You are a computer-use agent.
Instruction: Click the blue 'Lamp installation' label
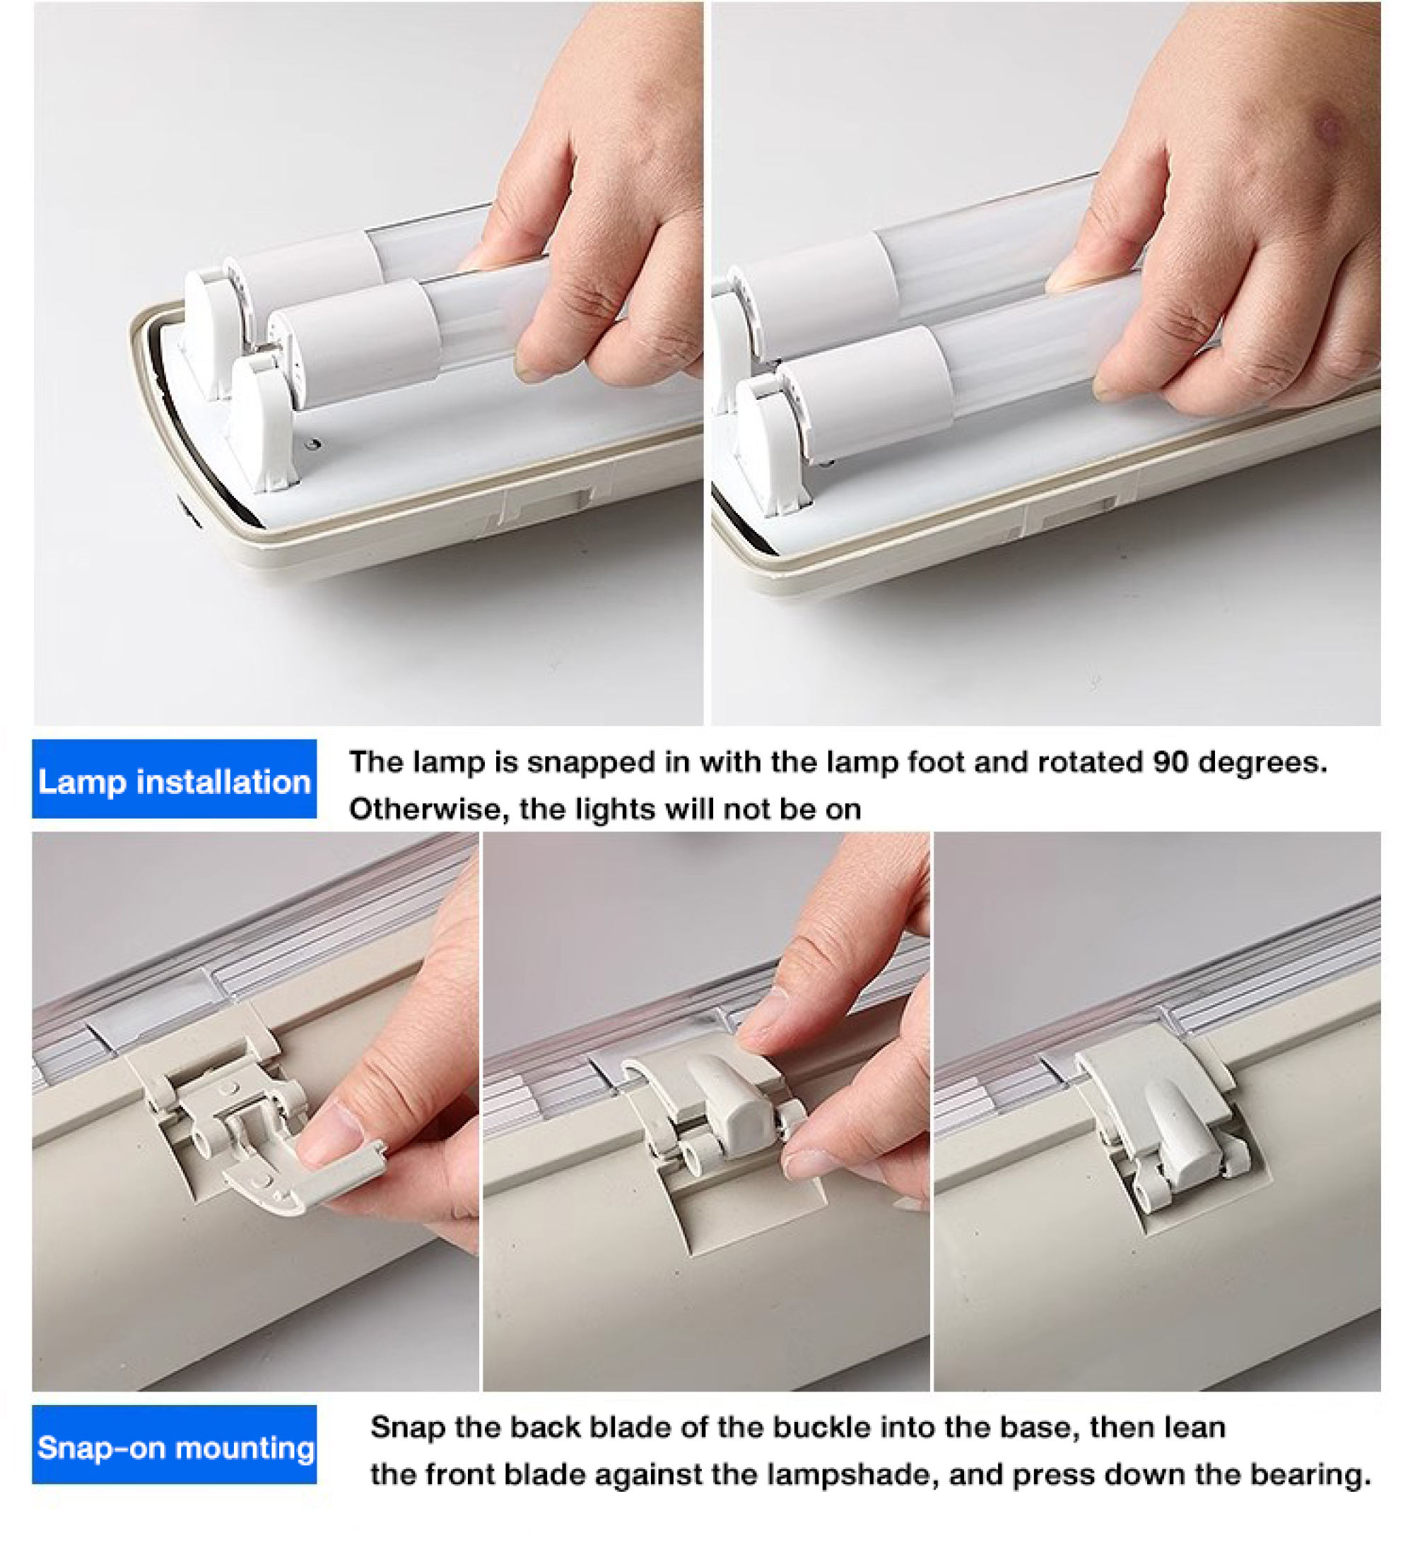[x=175, y=779]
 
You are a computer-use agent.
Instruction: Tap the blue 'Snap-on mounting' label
[x=175, y=1446]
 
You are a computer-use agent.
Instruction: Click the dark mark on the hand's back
[x=1330, y=127]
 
